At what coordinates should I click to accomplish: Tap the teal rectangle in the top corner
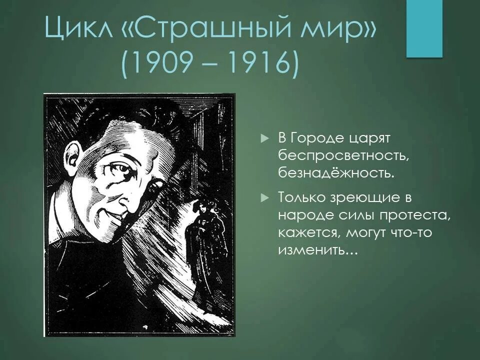point(424,28)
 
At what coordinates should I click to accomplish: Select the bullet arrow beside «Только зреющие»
point(265,198)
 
